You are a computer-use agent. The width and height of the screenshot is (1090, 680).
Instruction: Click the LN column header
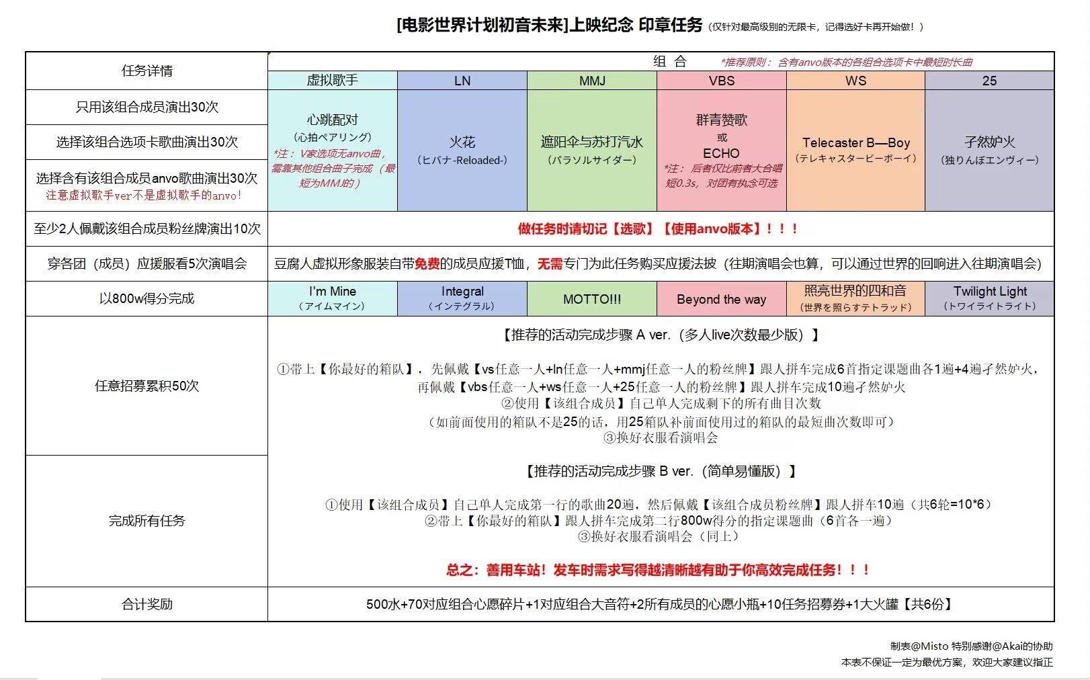(x=462, y=81)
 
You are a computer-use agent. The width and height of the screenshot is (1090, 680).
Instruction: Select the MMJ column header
(x=592, y=81)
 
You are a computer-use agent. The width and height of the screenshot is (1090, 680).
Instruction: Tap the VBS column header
(x=722, y=81)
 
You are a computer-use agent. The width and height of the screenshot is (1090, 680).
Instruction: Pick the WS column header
(x=855, y=81)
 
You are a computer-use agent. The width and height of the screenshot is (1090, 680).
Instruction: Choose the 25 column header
(x=989, y=81)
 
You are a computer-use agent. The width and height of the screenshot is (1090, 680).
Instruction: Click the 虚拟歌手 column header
(x=333, y=81)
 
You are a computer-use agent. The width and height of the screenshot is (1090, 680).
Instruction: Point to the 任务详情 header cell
(x=146, y=71)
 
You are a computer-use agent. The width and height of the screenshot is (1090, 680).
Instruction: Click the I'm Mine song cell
(x=333, y=298)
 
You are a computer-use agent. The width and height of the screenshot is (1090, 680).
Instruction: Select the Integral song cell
(x=462, y=298)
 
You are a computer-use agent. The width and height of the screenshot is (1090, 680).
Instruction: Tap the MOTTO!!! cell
(x=592, y=299)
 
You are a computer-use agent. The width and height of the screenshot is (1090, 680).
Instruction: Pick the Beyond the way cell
(x=722, y=299)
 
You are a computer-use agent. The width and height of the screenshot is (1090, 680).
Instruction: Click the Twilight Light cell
(x=990, y=298)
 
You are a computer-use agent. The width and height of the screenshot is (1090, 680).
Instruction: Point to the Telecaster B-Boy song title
(x=855, y=142)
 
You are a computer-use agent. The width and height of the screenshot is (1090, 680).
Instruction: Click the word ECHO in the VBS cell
(x=721, y=153)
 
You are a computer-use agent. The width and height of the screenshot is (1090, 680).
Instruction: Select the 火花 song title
(x=462, y=142)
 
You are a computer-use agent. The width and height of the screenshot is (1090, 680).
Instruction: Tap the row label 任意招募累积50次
(x=146, y=386)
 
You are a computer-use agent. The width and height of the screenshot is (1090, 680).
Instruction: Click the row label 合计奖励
(x=146, y=604)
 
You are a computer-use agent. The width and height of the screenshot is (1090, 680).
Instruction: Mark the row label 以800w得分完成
(x=146, y=298)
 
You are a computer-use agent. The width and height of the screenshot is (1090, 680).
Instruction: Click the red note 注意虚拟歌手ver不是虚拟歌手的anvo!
(x=144, y=195)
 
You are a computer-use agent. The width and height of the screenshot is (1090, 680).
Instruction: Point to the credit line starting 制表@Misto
(x=971, y=646)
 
